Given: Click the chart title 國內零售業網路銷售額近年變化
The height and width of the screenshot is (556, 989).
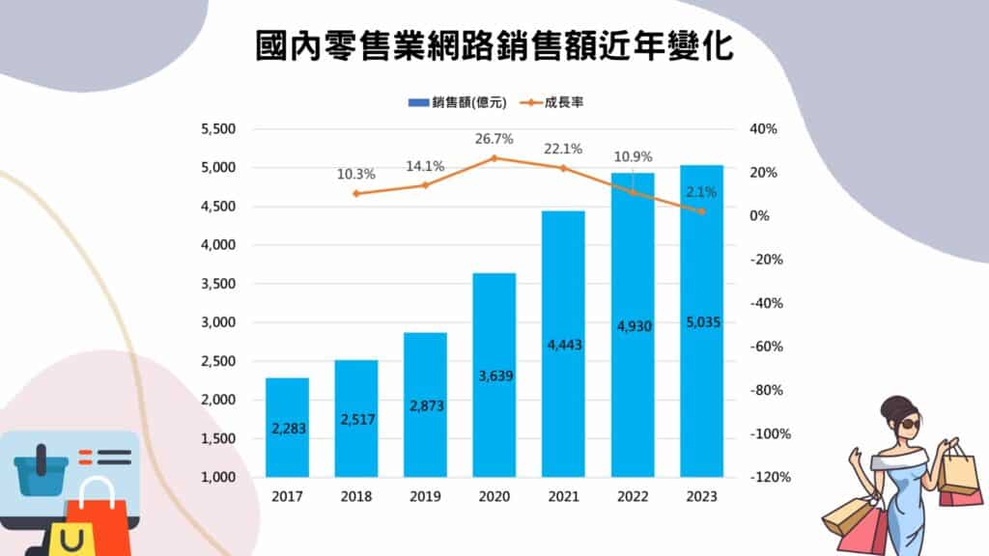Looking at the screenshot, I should click(494, 45).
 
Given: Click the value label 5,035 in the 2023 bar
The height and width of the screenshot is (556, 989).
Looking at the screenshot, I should click(701, 321).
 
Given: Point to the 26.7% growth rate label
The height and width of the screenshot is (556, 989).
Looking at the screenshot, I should click(494, 139).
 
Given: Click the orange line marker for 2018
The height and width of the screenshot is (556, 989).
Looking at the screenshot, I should click(356, 194).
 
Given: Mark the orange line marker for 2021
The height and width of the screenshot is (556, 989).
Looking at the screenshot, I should click(563, 168).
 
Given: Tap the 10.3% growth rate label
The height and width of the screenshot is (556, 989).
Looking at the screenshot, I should click(356, 175).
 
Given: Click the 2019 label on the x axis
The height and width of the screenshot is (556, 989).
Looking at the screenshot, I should click(425, 497).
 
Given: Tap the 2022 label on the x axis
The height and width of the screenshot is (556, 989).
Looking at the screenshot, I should click(633, 497).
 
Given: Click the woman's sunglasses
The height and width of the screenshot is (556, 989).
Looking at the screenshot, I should click(909, 422).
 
